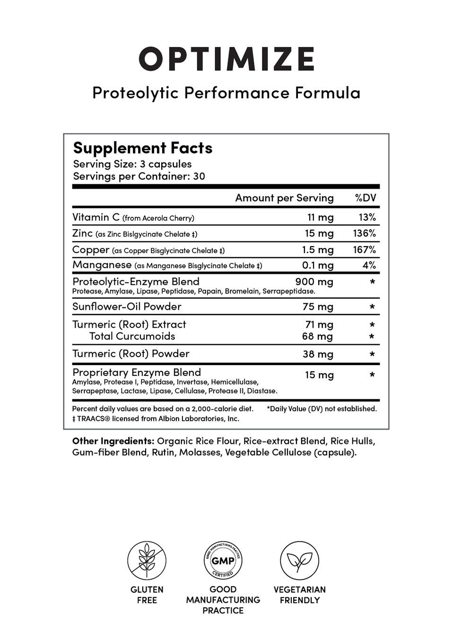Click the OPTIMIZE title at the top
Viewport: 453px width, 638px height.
(x=226, y=60)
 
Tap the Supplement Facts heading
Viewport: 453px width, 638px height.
(x=142, y=148)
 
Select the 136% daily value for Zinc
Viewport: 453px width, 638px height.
(x=364, y=233)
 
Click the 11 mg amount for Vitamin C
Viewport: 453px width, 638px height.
(x=320, y=217)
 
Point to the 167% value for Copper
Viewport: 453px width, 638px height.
(x=364, y=249)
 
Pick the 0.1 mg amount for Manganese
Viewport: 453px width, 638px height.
(x=318, y=265)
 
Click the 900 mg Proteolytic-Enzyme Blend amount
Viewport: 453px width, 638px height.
(x=314, y=282)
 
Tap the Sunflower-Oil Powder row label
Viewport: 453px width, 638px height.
(x=127, y=306)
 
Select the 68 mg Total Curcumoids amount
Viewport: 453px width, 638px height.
(x=317, y=336)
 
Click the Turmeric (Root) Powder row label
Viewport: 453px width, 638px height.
(x=131, y=354)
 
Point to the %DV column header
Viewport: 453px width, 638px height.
(x=366, y=198)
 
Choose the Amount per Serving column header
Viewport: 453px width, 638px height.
(x=284, y=198)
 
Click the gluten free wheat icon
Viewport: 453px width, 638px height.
(x=147, y=561)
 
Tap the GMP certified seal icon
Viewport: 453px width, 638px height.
(x=223, y=561)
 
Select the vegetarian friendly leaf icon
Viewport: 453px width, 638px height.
(x=299, y=561)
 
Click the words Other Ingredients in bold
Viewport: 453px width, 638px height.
(x=113, y=441)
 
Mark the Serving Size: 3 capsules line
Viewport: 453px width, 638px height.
(x=132, y=164)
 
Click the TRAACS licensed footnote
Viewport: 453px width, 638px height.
(x=156, y=418)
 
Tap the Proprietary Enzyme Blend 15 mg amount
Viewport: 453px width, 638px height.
(x=319, y=375)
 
